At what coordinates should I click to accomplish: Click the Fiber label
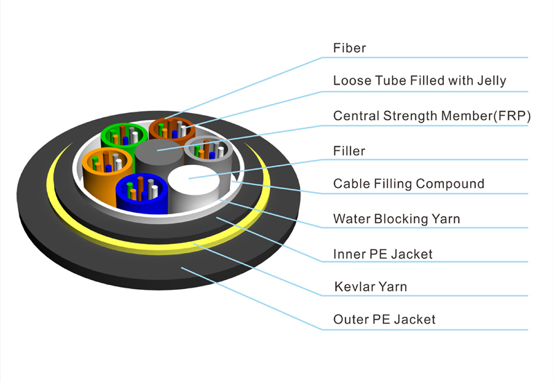tap(349, 49)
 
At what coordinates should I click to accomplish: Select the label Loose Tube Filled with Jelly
tap(419, 81)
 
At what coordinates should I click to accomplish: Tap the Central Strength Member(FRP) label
tap(431, 115)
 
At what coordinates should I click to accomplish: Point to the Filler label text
tap(349, 150)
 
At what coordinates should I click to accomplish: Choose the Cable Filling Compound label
tap(409, 184)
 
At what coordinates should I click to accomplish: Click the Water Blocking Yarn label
tap(396, 219)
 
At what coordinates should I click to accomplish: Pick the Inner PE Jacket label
tap(382, 254)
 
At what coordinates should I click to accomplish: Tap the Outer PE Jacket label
tap(384, 320)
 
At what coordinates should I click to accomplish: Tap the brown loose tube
tap(168, 129)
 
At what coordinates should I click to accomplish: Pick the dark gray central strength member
tap(157, 153)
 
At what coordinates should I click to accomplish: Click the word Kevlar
tap(353, 286)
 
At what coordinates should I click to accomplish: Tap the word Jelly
tap(491, 81)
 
